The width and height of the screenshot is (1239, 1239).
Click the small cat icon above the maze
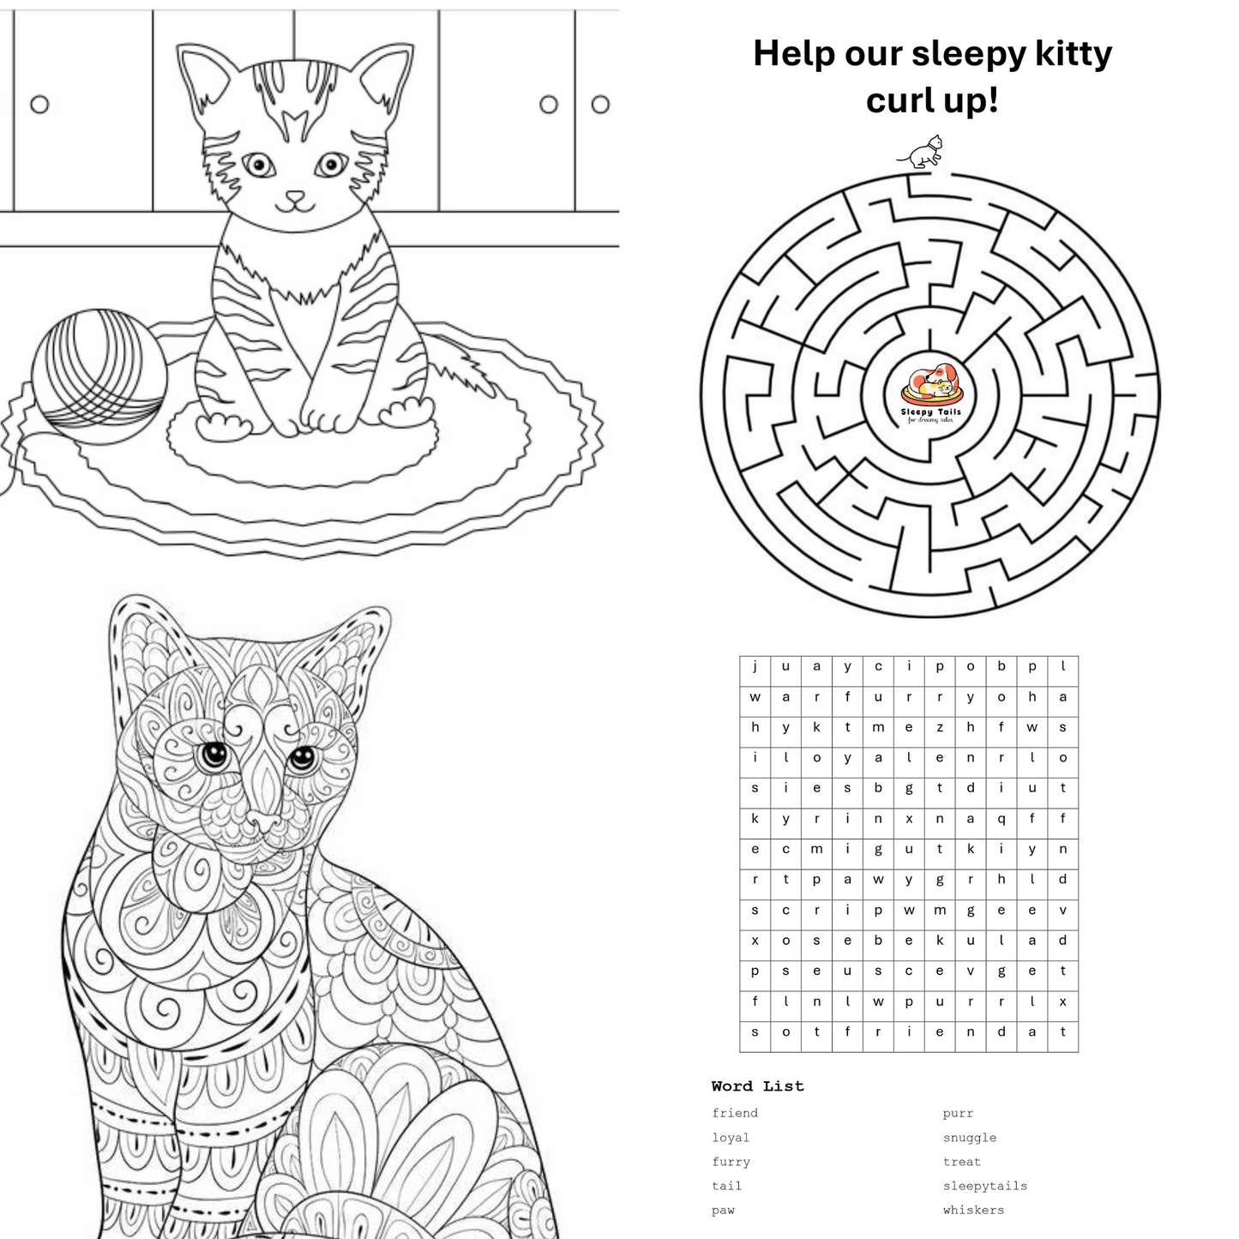click(x=922, y=153)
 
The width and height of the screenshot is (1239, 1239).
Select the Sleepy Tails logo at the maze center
click(x=931, y=393)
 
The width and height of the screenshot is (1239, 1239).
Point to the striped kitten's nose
click(x=295, y=196)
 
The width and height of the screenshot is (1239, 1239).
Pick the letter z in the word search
click(x=940, y=727)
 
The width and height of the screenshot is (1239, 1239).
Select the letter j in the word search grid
click(x=755, y=666)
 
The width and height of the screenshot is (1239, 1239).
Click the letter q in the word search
click(x=1001, y=819)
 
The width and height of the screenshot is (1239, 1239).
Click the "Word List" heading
click(x=757, y=1086)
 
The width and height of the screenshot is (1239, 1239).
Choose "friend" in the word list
click(x=735, y=1113)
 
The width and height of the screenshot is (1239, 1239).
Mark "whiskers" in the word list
click(x=973, y=1210)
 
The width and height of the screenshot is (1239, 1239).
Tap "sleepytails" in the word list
click(x=984, y=1186)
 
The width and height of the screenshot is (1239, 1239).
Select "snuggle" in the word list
click(x=969, y=1138)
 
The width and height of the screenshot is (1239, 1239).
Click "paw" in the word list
click(x=723, y=1210)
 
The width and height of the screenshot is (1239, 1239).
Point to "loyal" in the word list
click(x=731, y=1138)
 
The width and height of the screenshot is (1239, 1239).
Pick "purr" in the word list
click(x=958, y=1113)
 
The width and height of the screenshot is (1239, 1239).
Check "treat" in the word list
click(x=961, y=1162)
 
